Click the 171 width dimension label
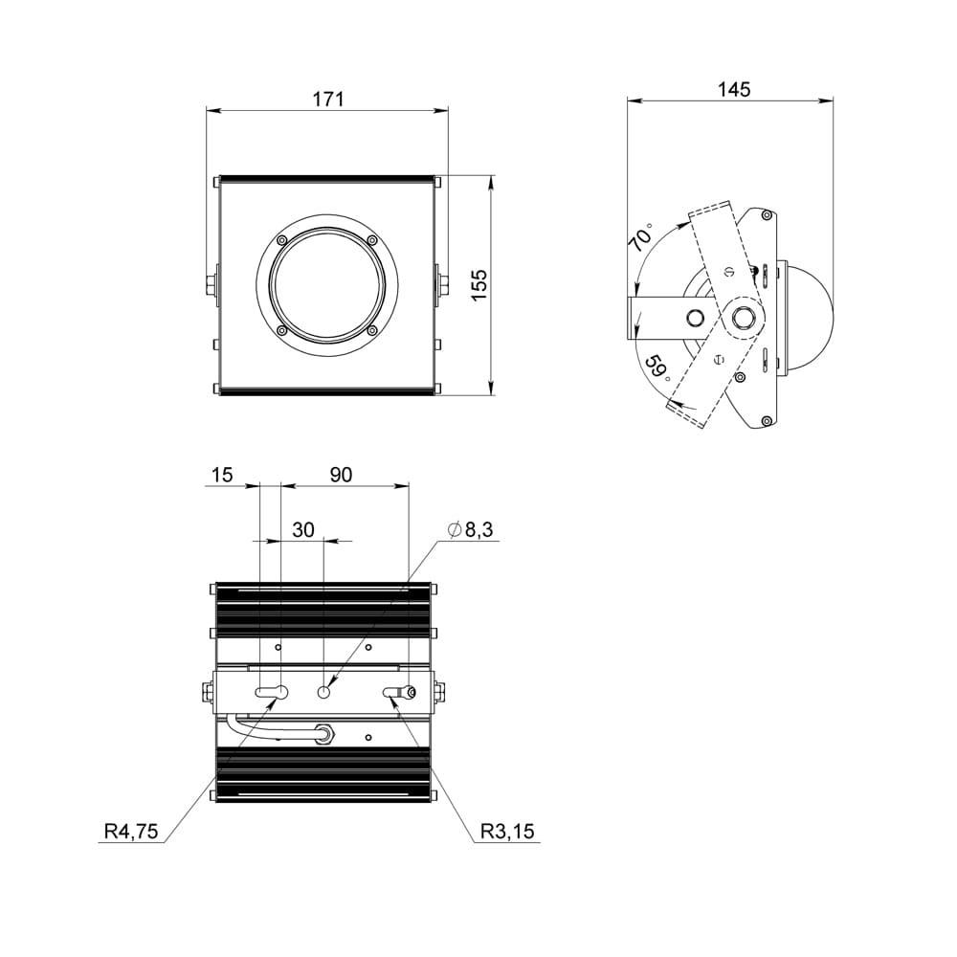coord(328,99)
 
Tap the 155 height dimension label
coord(479,284)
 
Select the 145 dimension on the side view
coord(734,89)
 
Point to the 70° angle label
coord(641,237)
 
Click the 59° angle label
coord(658,368)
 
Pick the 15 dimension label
coord(222,475)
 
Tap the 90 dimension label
coord(342,475)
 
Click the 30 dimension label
coord(303,529)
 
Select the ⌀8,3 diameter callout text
coord(470,529)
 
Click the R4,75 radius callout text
coord(131,831)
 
